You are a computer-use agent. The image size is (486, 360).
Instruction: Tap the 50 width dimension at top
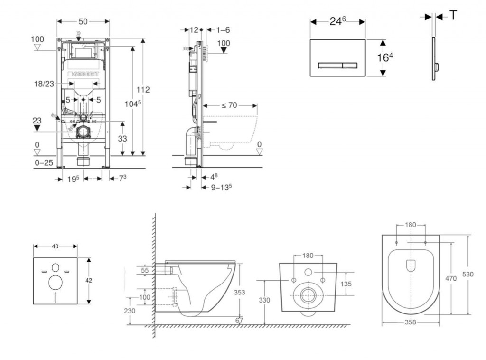(x=83, y=21)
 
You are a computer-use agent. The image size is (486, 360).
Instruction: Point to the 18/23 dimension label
(x=44, y=84)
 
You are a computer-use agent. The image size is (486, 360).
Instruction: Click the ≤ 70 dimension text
(x=229, y=105)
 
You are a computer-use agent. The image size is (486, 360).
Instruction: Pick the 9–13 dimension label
(x=221, y=187)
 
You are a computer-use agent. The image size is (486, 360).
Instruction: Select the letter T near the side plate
(x=453, y=16)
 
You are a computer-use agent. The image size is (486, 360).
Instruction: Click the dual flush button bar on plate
(x=337, y=65)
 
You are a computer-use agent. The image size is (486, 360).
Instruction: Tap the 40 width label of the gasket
(x=55, y=246)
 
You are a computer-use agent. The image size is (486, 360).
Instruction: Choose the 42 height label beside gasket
(x=89, y=280)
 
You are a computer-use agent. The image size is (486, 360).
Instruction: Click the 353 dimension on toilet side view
(x=240, y=292)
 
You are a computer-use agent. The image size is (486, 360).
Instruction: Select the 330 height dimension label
(x=265, y=300)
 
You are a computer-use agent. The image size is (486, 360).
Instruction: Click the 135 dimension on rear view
(x=346, y=284)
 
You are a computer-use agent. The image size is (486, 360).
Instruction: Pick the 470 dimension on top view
(x=451, y=278)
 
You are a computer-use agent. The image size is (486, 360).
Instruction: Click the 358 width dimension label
(x=411, y=322)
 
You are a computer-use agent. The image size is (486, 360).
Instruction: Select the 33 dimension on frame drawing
(x=123, y=138)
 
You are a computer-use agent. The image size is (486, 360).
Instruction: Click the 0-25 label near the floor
(x=44, y=162)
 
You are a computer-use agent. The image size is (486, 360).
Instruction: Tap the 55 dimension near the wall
(x=145, y=270)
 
